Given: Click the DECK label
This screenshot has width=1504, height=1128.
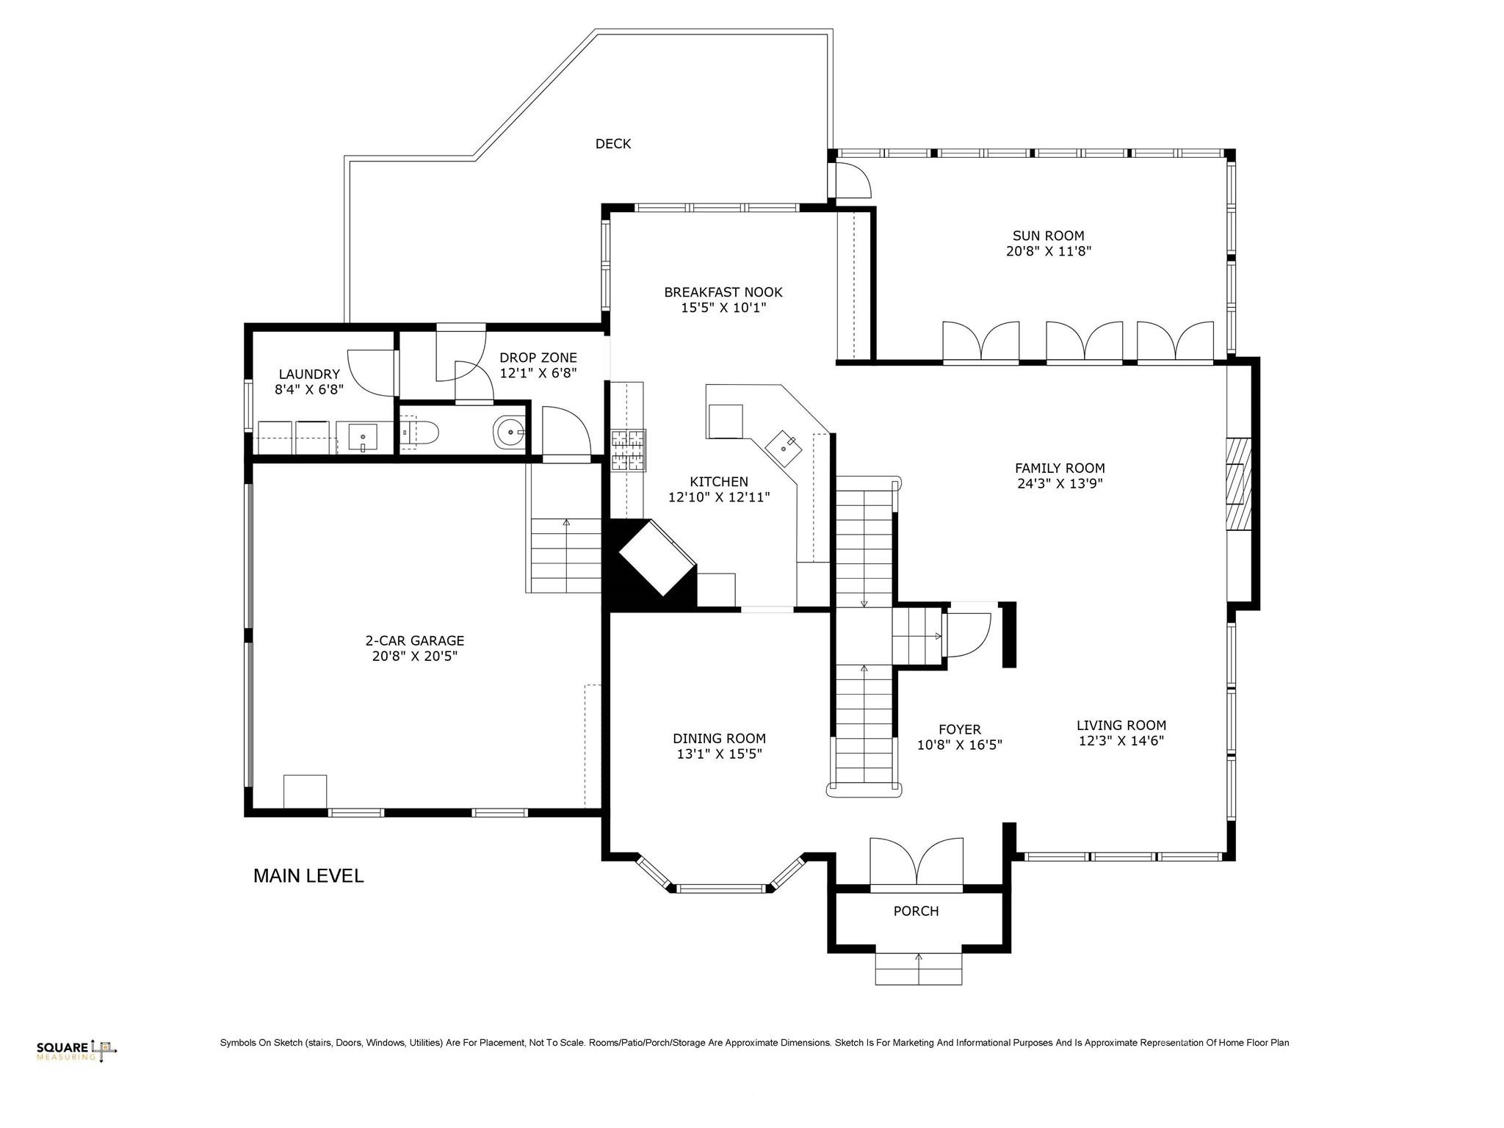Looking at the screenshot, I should [612, 144].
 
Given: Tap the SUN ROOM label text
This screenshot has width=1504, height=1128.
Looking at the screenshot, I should [1048, 236].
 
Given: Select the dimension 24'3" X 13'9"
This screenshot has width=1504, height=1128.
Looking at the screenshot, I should [1059, 484].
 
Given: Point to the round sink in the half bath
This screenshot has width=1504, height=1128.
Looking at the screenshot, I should [509, 433].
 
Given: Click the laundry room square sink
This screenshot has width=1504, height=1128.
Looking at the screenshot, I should [363, 438].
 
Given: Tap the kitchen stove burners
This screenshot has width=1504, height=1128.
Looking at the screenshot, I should [628, 449].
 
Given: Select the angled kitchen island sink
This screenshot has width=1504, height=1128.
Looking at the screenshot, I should [784, 446].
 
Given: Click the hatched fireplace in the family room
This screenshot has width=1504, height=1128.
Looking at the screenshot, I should [1239, 484].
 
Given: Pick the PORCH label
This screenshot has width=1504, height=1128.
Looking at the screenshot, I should [916, 911].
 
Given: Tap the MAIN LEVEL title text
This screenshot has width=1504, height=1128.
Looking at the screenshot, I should [308, 876].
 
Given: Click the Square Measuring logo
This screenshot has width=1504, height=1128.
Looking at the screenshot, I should [77, 1050].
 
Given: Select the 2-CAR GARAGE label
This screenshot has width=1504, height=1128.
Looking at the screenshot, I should [415, 641].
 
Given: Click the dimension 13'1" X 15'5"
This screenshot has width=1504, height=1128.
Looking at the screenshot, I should [719, 754].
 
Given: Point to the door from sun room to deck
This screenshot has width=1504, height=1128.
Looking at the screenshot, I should [850, 181].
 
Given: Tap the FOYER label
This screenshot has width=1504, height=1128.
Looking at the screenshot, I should [959, 730].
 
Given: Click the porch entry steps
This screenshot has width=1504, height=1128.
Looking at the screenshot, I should [918, 969].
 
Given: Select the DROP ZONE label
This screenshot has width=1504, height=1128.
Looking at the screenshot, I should [538, 358].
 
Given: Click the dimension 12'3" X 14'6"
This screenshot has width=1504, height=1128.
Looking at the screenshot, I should [1121, 741].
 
